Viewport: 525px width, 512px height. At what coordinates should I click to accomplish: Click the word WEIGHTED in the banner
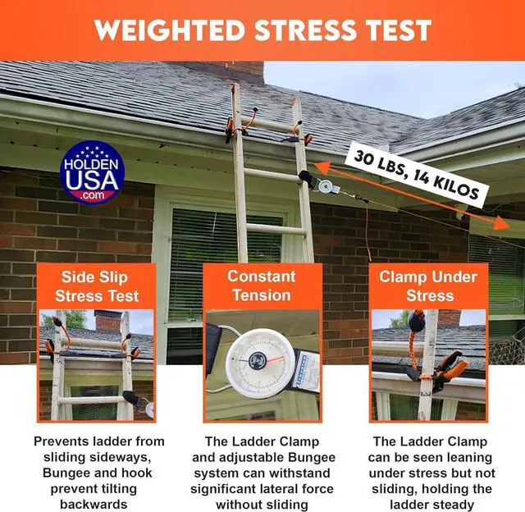[170, 30]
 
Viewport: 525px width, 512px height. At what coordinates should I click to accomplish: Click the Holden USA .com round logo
[92, 171]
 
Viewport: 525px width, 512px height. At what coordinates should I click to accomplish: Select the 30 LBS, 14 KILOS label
[416, 175]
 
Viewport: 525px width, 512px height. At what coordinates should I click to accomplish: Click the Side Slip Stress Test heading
[97, 286]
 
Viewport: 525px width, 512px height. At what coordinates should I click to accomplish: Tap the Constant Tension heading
[262, 286]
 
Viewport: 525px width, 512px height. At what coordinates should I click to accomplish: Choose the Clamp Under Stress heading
[428, 286]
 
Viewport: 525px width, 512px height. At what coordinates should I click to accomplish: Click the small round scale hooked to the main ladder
[325, 186]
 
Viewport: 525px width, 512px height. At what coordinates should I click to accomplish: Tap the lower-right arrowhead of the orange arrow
[501, 223]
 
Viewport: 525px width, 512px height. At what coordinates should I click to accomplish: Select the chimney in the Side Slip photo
[107, 321]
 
